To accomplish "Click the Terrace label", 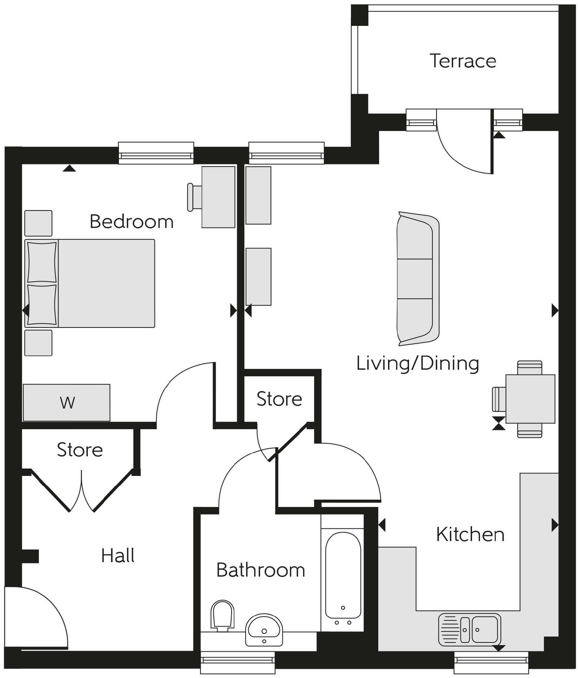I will click(x=462, y=61).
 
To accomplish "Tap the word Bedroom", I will click(x=132, y=222).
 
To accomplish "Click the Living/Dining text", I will click(x=418, y=363).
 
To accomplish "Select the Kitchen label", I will click(x=470, y=534).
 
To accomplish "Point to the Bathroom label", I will click(x=260, y=570).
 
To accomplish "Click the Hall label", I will click(x=118, y=556).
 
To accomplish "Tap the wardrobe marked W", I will click(x=67, y=403).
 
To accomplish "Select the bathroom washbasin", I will click(x=264, y=630).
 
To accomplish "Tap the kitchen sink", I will click(x=469, y=629).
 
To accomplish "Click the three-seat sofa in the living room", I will click(x=417, y=279).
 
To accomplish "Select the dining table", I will click(x=530, y=399).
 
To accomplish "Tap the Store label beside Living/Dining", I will click(x=279, y=399).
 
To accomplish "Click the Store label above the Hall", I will click(x=80, y=450).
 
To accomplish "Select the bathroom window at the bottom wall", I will click(x=237, y=662).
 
